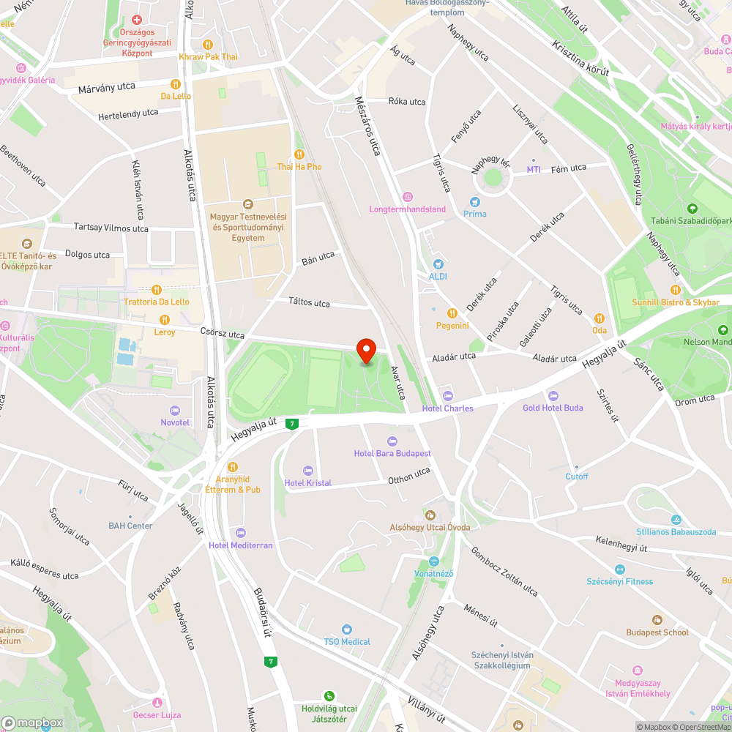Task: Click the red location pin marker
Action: [x=365, y=350]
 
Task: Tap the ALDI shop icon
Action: [x=438, y=264]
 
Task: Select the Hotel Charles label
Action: [x=448, y=408]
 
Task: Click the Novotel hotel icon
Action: [x=175, y=410]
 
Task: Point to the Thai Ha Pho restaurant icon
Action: [x=299, y=154]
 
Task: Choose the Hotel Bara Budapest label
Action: [x=392, y=454]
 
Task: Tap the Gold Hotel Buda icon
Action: [x=553, y=395]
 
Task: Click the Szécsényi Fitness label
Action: [x=619, y=582]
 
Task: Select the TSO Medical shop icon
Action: [x=347, y=630]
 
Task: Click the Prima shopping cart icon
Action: [x=474, y=201]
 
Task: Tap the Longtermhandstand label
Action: [x=407, y=209]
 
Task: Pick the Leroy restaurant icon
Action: [x=165, y=320]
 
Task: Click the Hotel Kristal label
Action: [x=307, y=483]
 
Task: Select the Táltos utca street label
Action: [x=309, y=303]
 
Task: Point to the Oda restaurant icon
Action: [x=600, y=318]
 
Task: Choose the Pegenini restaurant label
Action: [x=452, y=326]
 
